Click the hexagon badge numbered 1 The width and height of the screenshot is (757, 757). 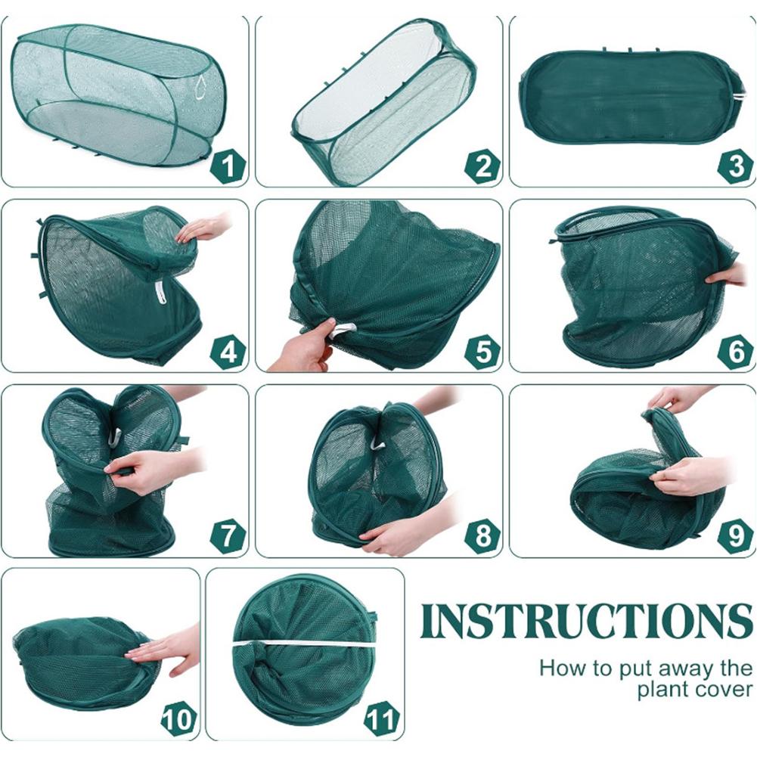coord(228,166)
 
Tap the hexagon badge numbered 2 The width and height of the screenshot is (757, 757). coord(482,166)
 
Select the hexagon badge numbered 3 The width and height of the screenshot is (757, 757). coord(736,166)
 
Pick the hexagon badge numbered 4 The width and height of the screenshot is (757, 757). coord(228,352)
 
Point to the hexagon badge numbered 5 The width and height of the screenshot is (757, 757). coord(482,352)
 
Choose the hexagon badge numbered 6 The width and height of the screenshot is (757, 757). coord(736,352)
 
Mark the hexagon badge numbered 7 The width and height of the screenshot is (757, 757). coord(228,536)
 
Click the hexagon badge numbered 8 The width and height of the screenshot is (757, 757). coord(482,536)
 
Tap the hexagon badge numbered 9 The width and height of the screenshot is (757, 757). coord(736,536)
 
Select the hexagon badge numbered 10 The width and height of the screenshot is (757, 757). coord(179,720)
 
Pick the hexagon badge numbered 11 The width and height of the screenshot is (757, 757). coord(383,720)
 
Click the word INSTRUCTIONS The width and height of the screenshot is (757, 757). coord(586,620)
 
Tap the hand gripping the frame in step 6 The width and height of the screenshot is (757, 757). coord(727,275)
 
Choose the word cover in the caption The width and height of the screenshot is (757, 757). coord(724,690)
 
